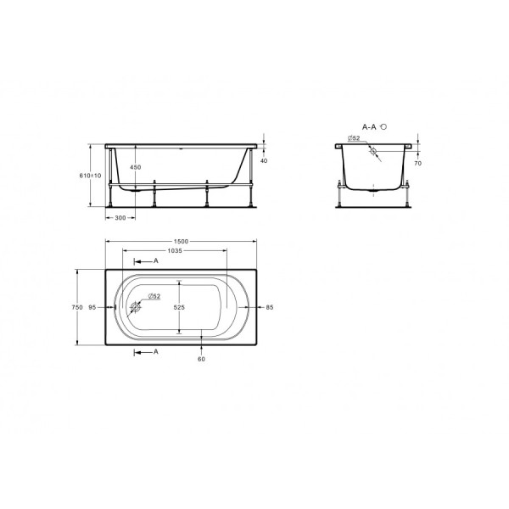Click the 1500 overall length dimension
181,241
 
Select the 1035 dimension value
175,250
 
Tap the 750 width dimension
77,307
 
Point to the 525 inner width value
179,307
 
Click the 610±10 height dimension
90,176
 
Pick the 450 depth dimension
136,167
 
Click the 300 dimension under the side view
120,218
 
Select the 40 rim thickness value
264,160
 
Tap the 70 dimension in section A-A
417,163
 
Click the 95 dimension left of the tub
92,307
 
